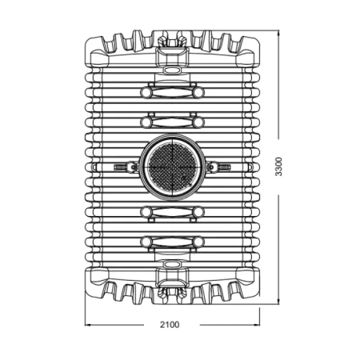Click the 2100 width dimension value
click(x=170, y=325)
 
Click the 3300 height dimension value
click(x=278, y=166)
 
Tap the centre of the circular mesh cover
click(x=172, y=167)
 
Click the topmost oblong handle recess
click(x=172, y=93)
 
